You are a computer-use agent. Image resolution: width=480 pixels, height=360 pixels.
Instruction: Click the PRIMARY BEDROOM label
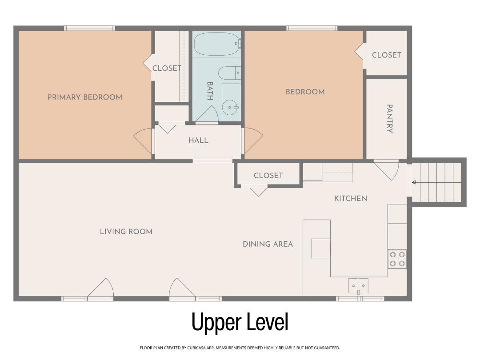(85, 97)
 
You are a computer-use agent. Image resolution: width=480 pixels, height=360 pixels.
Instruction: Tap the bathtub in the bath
(217, 44)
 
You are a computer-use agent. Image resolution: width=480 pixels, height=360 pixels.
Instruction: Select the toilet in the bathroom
(229, 73)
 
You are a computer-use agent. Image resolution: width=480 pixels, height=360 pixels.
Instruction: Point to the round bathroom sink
(230, 108)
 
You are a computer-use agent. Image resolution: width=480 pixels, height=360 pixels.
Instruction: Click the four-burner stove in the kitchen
(397, 259)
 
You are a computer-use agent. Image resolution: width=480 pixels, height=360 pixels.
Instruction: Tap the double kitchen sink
(358, 286)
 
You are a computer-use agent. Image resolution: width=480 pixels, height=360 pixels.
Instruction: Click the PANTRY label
(389, 119)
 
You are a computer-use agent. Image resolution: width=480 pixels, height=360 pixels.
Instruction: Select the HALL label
(198, 140)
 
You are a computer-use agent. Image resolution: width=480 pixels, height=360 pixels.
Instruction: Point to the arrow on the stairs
(414, 183)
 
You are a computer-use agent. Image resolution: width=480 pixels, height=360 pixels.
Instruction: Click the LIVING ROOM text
(126, 232)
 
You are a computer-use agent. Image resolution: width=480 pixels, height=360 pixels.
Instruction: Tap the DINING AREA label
(268, 244)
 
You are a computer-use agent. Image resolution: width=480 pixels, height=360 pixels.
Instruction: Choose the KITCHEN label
(351, 199)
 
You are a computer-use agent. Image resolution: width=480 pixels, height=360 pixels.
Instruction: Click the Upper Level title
(240, 322)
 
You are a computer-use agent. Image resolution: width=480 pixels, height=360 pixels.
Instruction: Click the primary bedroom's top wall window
(90, 28)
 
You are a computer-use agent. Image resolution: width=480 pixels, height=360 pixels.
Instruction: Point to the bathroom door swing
(207, 113)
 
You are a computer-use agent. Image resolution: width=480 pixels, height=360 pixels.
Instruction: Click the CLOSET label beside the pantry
(386, 55)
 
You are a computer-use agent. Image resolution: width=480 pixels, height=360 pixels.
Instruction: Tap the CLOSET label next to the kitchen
(268, 176)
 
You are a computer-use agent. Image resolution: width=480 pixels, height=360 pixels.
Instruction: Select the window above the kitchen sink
(360, 299)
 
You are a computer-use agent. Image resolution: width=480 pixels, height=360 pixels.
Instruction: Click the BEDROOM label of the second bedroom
(305, 92)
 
